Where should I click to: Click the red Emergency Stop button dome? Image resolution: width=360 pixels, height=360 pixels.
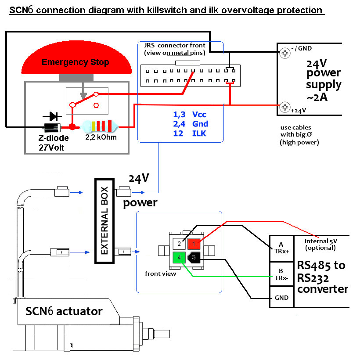76,61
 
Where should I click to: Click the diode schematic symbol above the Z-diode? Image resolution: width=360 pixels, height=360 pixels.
52,116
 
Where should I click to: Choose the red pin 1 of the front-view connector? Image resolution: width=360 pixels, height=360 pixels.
194,243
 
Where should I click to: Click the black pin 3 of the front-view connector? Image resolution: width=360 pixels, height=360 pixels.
194,258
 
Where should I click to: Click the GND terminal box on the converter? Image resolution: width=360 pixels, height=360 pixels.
281,298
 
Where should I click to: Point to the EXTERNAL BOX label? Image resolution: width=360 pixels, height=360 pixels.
105,221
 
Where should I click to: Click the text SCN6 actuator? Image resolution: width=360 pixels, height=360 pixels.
64,312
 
